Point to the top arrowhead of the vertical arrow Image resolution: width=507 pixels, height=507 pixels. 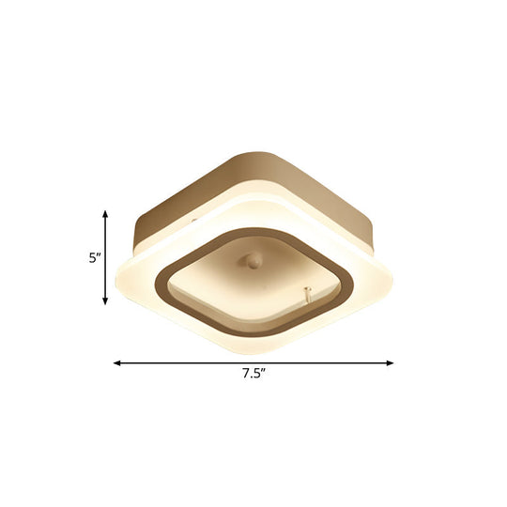tap(105, 215)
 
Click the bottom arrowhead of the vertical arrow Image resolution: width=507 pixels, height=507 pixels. tap(105, 301)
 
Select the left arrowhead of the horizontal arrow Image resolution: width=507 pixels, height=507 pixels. tap(117, 361)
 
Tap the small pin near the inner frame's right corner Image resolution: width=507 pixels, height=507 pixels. tap(306, 295)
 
